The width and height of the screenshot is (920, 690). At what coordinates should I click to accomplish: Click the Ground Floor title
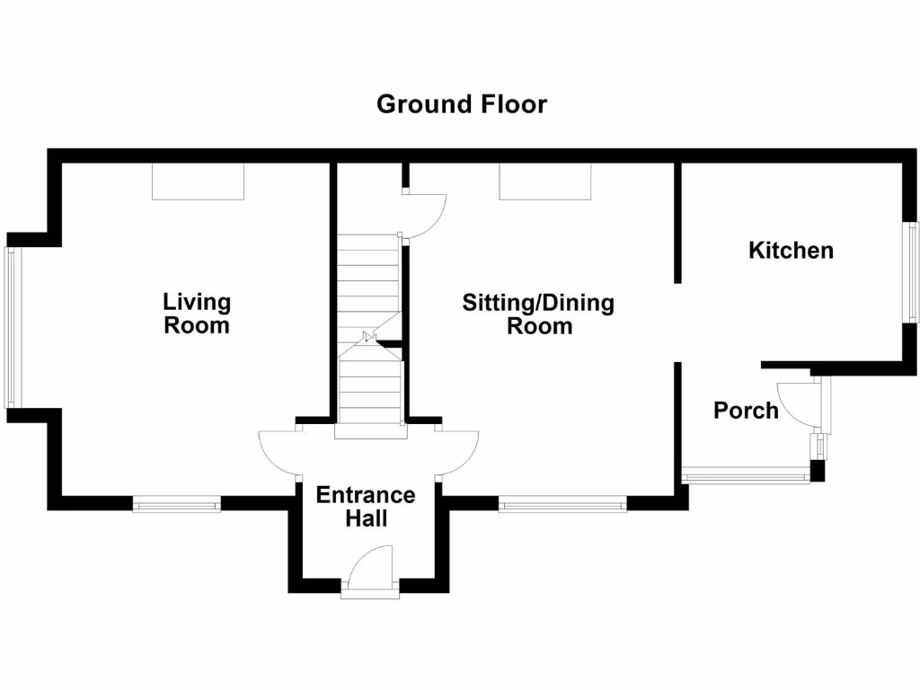[461, 104]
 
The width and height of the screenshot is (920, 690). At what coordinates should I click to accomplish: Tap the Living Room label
[196, 314]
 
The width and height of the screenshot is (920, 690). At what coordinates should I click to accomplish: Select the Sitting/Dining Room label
[538, 314]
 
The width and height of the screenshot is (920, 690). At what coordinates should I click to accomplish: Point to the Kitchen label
[791, 251]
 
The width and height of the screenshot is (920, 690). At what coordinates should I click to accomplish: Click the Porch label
[745, 411]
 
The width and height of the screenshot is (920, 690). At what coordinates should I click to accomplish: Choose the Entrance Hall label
[366, 507]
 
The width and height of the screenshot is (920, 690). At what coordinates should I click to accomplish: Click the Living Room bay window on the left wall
[11, 327]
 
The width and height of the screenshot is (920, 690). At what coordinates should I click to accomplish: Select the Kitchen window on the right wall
[912, 271]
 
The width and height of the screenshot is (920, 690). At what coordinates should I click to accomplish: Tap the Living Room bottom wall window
[177, 506]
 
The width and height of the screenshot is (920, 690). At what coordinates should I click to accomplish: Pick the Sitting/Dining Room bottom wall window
[562, 506]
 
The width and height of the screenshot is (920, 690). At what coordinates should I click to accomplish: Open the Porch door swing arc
[796, 402]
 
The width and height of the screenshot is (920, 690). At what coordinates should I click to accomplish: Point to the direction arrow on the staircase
[369, 338]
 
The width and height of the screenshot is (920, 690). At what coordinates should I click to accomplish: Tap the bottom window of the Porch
[746, 474]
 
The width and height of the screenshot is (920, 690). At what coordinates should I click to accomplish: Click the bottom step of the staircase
[370, 431]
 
